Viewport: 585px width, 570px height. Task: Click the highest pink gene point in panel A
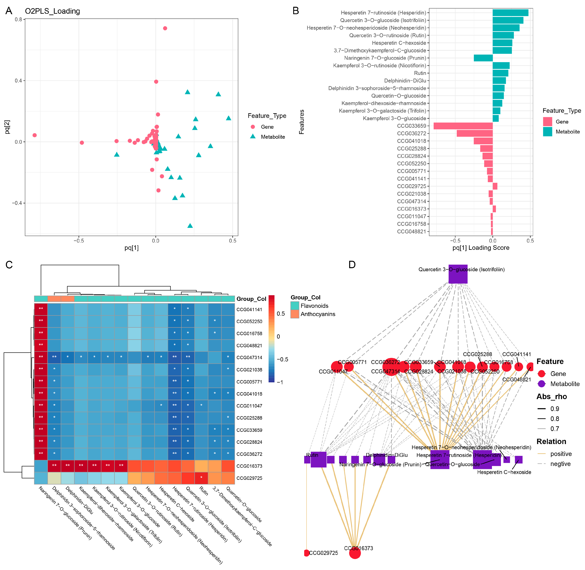pos(165,29)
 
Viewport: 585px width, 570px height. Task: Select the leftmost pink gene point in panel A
pos(35,135)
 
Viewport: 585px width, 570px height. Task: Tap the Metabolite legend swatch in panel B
pos(547,132)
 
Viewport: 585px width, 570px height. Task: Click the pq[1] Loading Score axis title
pos(480,248)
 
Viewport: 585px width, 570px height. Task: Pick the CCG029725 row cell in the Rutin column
pos(201,478)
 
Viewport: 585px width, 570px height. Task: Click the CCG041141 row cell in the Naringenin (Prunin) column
pos(41,309)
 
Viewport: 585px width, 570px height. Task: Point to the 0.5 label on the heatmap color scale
pos(280,314)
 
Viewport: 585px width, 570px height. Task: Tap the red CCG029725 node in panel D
pos(306,553)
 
